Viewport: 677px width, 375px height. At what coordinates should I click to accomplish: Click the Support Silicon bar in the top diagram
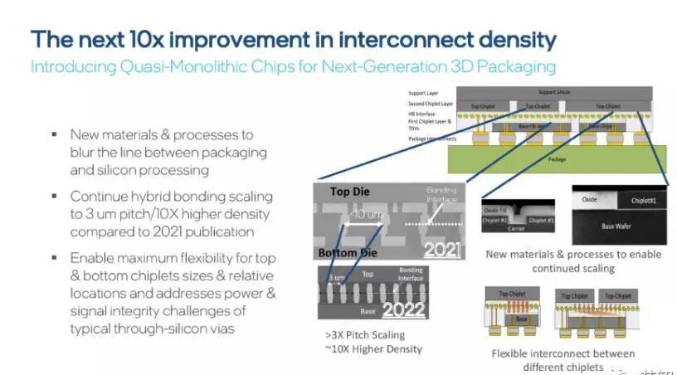click(558, 90)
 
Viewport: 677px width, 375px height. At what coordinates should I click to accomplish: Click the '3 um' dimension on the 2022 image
click(336, 277)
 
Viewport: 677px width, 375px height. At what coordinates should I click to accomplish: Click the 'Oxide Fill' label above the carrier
click(496, 210)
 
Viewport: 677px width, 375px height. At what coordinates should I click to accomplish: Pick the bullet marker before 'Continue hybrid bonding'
click(54, 197)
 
